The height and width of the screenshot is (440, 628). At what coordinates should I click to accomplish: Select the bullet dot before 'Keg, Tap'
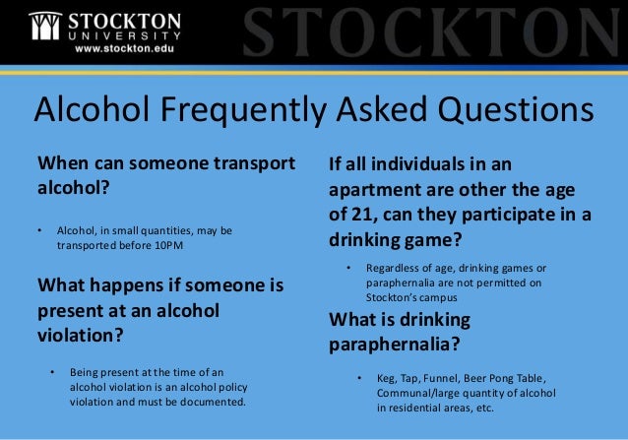point(360,378)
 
